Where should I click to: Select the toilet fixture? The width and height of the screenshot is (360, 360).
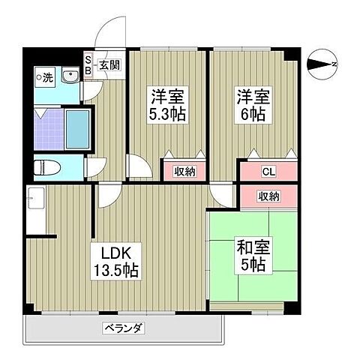tap(47, 166)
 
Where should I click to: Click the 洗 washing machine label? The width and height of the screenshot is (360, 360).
tap(45, 76)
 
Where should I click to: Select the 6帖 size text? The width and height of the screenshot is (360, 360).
tap(247, 114)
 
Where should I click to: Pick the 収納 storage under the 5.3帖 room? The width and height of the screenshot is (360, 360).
tap(184, 172)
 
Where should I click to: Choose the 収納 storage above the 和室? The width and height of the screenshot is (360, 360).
tap(268, 196)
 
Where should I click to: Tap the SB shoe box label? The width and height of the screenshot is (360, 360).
tap(88, 65)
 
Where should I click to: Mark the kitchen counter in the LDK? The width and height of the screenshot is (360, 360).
tap(36, 214)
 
